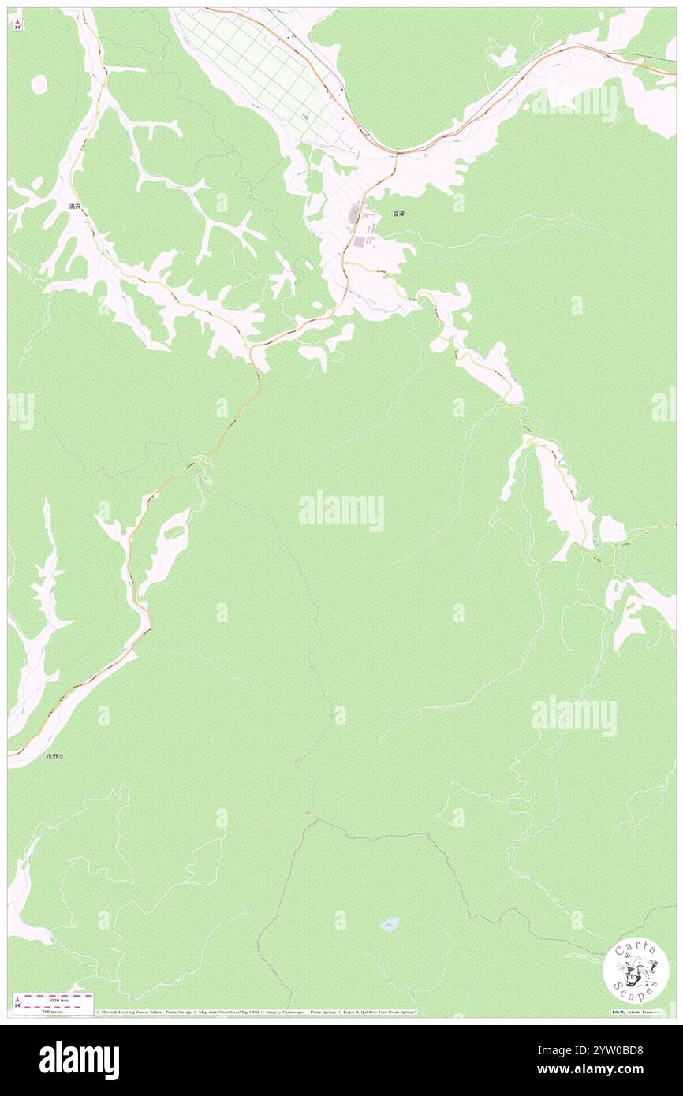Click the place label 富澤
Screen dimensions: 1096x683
[x=399, y=214]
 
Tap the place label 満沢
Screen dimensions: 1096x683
[x=75, y=206]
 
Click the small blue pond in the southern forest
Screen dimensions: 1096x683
[x=390, y=923]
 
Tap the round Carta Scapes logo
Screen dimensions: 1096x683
[x=636, y=971]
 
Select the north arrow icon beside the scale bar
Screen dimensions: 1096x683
[x=17, y=1002]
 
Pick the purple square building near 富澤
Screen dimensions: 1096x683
[x=360, y=240]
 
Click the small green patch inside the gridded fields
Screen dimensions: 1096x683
[x=306, y=117]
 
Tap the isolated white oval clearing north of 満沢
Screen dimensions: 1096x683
[x=39, y=84]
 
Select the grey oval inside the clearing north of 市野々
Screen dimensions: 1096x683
[x=175, y=531]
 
